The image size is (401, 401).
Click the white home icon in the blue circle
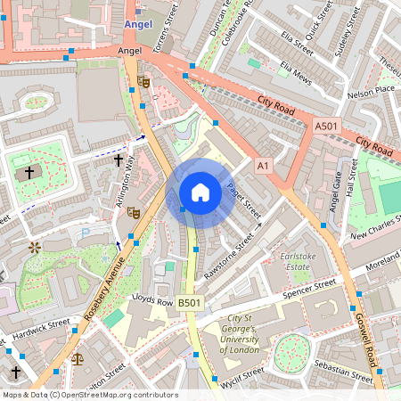pyautogui.click(x=200, y=192)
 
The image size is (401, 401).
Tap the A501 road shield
pyautogui.click(x=326, y=128)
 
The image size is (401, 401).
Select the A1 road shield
pyautogui.click(x=262, y=166)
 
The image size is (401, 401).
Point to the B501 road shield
pyautogui.click(x=190, y=304)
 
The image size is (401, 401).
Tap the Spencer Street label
pyautogui.click(x=307, y=288)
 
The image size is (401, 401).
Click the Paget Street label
pyautogui.click(x=241, y=201)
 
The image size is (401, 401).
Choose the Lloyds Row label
pyautogui.click(x=151, y=301)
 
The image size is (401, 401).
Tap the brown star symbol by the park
pyautogui.click(x=35, y=245)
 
